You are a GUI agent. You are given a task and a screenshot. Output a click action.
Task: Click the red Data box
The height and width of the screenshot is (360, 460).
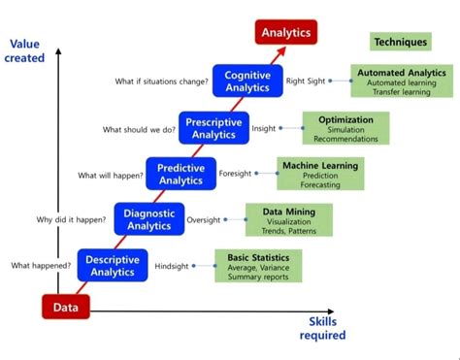(x=65, y=307)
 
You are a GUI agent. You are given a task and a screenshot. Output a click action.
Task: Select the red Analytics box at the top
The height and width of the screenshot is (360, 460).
(x=286, y=33)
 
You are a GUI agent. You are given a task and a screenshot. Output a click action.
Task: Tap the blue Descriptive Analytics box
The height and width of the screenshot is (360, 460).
(x=113, y=266)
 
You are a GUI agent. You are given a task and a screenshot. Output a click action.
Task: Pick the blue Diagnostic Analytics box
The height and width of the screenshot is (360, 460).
(x=148, y=219)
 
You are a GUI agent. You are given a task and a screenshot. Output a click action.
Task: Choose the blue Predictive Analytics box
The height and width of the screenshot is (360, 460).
(x=181, y=174)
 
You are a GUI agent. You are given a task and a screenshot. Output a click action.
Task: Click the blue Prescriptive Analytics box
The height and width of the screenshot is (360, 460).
(x=214, y=127)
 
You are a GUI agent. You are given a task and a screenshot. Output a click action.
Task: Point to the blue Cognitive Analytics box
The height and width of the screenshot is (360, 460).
(x=246, y=81)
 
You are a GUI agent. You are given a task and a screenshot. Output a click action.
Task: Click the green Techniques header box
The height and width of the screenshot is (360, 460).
(x=400, y=43)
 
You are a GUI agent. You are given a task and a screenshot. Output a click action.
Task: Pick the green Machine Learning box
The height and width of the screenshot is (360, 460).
(x=319, y=173)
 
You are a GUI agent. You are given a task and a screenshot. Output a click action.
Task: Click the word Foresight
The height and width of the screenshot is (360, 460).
(x=235, y=174)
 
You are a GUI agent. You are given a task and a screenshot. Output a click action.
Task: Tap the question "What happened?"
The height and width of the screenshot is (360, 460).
(x=41, y=265)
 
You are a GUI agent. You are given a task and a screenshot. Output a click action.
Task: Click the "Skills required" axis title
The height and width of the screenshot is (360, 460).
(x=321, y=328)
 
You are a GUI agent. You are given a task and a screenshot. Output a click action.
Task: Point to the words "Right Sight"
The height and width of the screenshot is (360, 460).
(x=305, y=82)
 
